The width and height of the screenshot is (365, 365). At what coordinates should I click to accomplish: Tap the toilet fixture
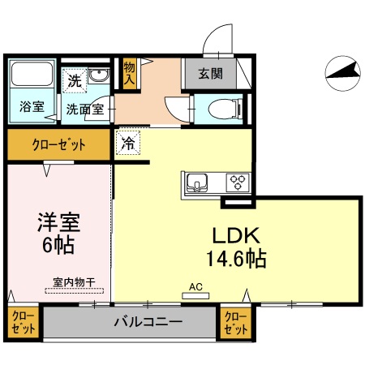pyautogui.click(x=221, y=107)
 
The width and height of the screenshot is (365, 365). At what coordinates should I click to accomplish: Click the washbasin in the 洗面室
pyautogui.click(x=99, y=77)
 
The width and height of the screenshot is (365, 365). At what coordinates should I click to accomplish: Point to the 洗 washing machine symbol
pyautogui.click(x=75, y=81)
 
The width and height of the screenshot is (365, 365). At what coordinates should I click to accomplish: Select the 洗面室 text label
pyautogui.click(x=85, y=108)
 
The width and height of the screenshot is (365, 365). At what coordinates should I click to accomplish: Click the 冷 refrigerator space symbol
pyautogui.click(x=129, y=143)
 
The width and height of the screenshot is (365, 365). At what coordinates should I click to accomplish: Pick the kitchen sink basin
pyautogui.click(x=196, y=182)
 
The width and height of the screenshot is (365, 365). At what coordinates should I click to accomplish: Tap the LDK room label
pyautogui.click(x=235, y=236)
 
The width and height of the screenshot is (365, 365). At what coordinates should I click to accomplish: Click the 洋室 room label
pyautogui.click(x=60, y=222)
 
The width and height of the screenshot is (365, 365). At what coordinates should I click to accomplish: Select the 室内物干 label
pyautogui.click(x=74, y=281)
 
